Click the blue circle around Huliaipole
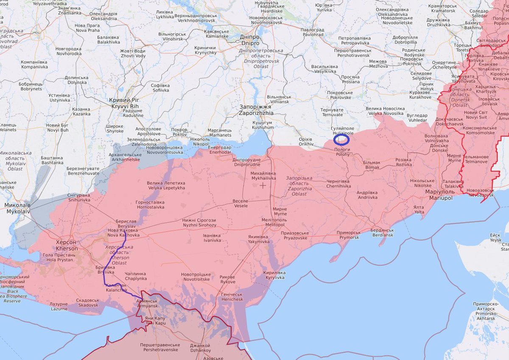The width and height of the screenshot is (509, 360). coord(341,139)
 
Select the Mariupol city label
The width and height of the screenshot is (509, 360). coord(439,195)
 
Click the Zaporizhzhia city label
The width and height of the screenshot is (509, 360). coord(255,110)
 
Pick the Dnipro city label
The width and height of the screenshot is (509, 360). coord(250,40)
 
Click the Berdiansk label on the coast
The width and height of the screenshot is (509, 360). coord(382,233)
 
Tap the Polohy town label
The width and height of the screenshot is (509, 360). coord(342,152)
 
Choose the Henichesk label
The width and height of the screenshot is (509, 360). coord(232,297)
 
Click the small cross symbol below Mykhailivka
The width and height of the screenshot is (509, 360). coord(263,185)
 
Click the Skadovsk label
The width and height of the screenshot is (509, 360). coord(88,303)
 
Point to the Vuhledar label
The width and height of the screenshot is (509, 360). coord(417,118)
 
